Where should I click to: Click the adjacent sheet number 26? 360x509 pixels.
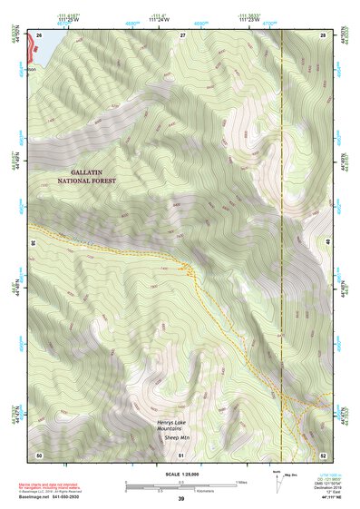(39, 34)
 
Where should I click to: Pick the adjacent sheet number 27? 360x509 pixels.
(182, 34)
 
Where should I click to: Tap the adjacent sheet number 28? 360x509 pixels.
(323, 34)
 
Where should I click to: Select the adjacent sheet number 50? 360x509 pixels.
(39, 454)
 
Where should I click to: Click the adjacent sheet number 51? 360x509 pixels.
(182, 454)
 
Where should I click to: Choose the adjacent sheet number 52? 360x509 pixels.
(323, 454)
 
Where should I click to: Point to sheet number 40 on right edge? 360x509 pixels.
(326, 242)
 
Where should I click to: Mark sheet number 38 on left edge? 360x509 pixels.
(34, 242)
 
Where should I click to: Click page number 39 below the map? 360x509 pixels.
(181, 499)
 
